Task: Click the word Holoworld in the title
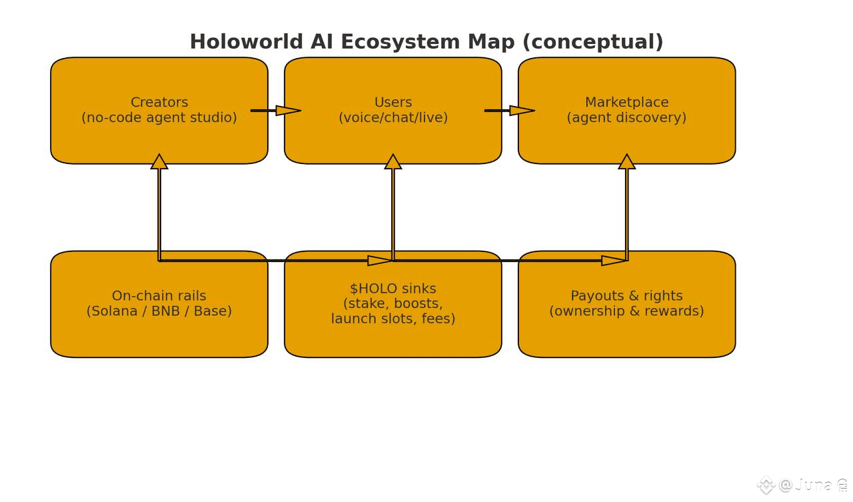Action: pos(247,42)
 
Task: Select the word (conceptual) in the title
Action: pos(592,42)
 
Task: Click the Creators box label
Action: pos(159,103)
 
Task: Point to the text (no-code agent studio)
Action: pos(159,118)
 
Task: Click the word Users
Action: pos(393,103)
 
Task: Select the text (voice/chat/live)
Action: pos(393,118)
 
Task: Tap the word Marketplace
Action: pos(626,103)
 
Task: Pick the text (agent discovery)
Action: pos(626,118)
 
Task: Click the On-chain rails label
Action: pos(159,296)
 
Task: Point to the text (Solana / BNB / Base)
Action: pos(159,311)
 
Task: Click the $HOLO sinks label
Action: pos(393,289)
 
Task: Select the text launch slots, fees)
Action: pos(393,319)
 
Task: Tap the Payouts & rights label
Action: pos(626,296)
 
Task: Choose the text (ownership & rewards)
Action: pos(626,311)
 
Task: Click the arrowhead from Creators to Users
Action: pos(288,111)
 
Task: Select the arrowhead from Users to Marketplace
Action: pos(522,111)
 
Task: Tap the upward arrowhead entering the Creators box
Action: pos(159,162)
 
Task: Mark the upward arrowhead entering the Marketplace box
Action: pos(627,162)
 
